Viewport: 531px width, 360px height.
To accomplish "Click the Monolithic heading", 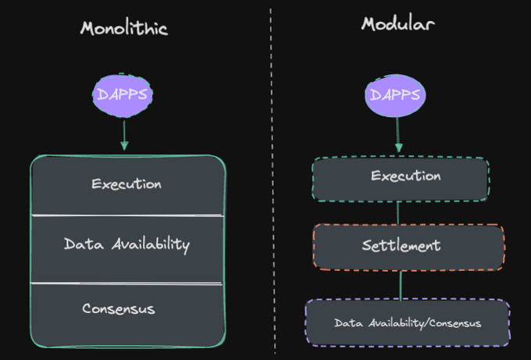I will point(123,29).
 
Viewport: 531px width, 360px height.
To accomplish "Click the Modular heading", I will point(398,23).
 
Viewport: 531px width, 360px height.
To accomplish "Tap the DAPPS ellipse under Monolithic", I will point(123,95).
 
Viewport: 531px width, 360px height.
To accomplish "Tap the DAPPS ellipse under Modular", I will point(397,95).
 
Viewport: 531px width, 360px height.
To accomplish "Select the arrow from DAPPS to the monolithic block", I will point(123,134).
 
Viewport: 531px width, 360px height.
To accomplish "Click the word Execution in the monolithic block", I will point(127,185).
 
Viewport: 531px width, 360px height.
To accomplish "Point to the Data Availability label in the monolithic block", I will point(127,244).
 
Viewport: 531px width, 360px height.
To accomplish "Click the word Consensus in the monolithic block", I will point(119,309).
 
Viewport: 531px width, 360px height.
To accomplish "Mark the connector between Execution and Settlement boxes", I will point(399,212).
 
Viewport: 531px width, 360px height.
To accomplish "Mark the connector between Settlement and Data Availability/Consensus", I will point(401,284).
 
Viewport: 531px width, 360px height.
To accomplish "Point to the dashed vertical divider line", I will point(273,180).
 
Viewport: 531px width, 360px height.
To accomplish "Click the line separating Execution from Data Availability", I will point(127,216).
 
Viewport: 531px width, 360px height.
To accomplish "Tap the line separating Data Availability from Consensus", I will point(127,283).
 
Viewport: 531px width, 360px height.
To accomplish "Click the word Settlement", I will point(401,245).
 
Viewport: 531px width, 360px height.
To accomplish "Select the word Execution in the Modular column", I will point(405,176).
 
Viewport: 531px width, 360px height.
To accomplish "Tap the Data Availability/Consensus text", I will point(407,323).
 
